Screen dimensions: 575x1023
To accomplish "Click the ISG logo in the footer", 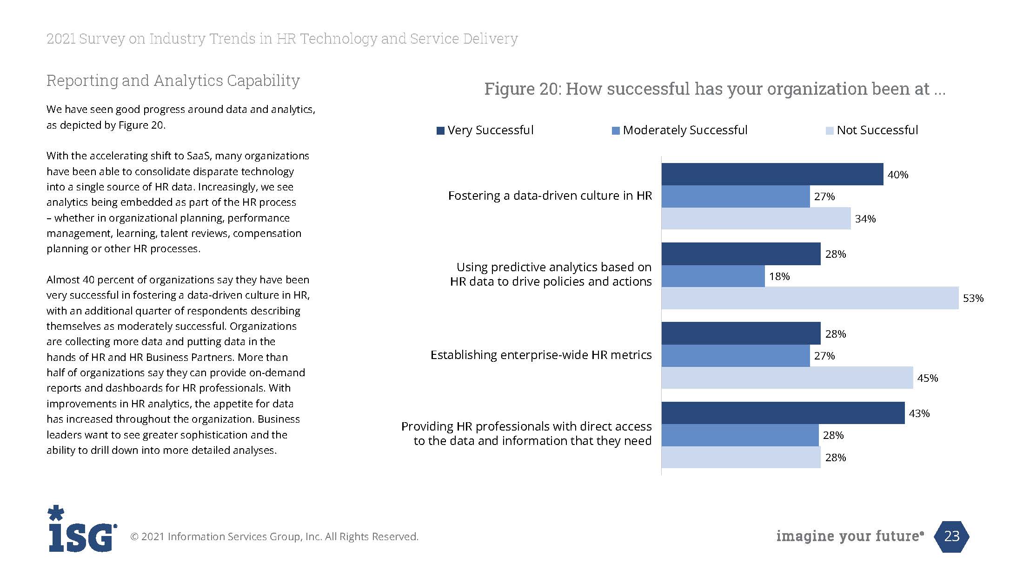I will point(81,529).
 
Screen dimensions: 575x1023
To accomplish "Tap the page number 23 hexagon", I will point(951,536).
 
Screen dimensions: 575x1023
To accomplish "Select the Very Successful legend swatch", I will point(440,131).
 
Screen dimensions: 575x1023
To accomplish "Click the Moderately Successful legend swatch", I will point(616,131).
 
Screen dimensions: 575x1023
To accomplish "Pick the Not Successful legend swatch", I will point(830,131).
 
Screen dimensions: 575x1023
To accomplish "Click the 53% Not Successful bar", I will point(810,298).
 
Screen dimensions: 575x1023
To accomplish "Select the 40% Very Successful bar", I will point(772,174).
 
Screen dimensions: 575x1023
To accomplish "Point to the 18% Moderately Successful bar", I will point(713,276).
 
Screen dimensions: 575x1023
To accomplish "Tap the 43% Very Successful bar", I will point(783,413).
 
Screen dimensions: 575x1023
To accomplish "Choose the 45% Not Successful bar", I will point(787,378).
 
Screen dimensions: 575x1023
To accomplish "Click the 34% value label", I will point(865,219).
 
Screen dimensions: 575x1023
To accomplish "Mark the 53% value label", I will point(973,299).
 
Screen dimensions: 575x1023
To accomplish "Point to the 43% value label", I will point(919,413).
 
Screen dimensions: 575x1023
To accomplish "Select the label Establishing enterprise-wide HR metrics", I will point(541,355).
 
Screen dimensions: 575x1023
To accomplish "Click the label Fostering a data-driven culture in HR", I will point(550,196).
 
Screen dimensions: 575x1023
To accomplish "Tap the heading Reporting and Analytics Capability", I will point(173,81).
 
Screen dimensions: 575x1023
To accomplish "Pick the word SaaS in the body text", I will point(199,156).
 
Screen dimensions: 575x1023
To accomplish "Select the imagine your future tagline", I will point(850,536).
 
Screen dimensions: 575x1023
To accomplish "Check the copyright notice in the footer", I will point(274,537).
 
